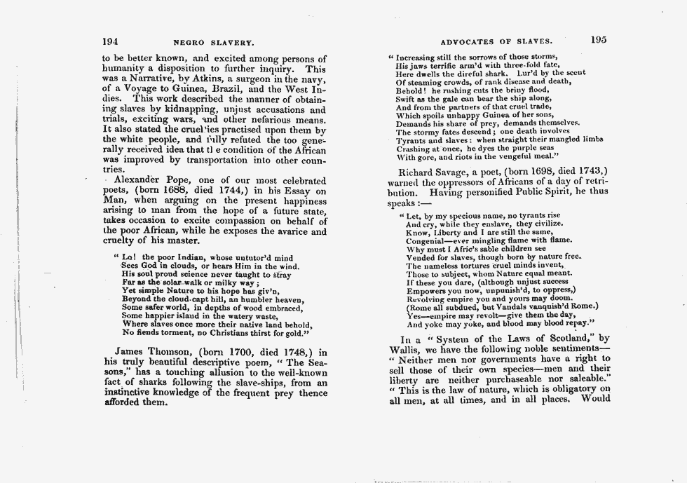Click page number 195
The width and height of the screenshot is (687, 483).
pos(598,40)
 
